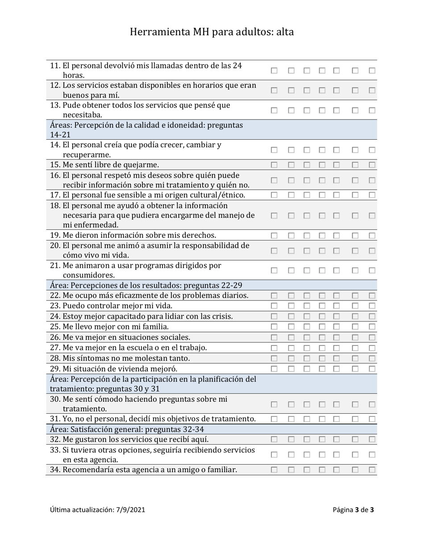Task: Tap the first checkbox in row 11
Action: click(274, 71)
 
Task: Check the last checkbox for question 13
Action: click(372, 110)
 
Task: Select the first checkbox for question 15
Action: click(274, 165)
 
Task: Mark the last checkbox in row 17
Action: click(372, 195)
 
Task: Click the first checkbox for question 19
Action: click(274, 235)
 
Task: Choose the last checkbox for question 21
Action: click(372, 270)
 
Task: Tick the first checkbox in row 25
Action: click(274, 327)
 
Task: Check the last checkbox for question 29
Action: click(372, 369)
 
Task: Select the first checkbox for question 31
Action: click(274, 419)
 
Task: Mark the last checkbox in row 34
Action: click(372, 470)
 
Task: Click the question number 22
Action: click(55, 295)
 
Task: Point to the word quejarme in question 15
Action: click(139, 165)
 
